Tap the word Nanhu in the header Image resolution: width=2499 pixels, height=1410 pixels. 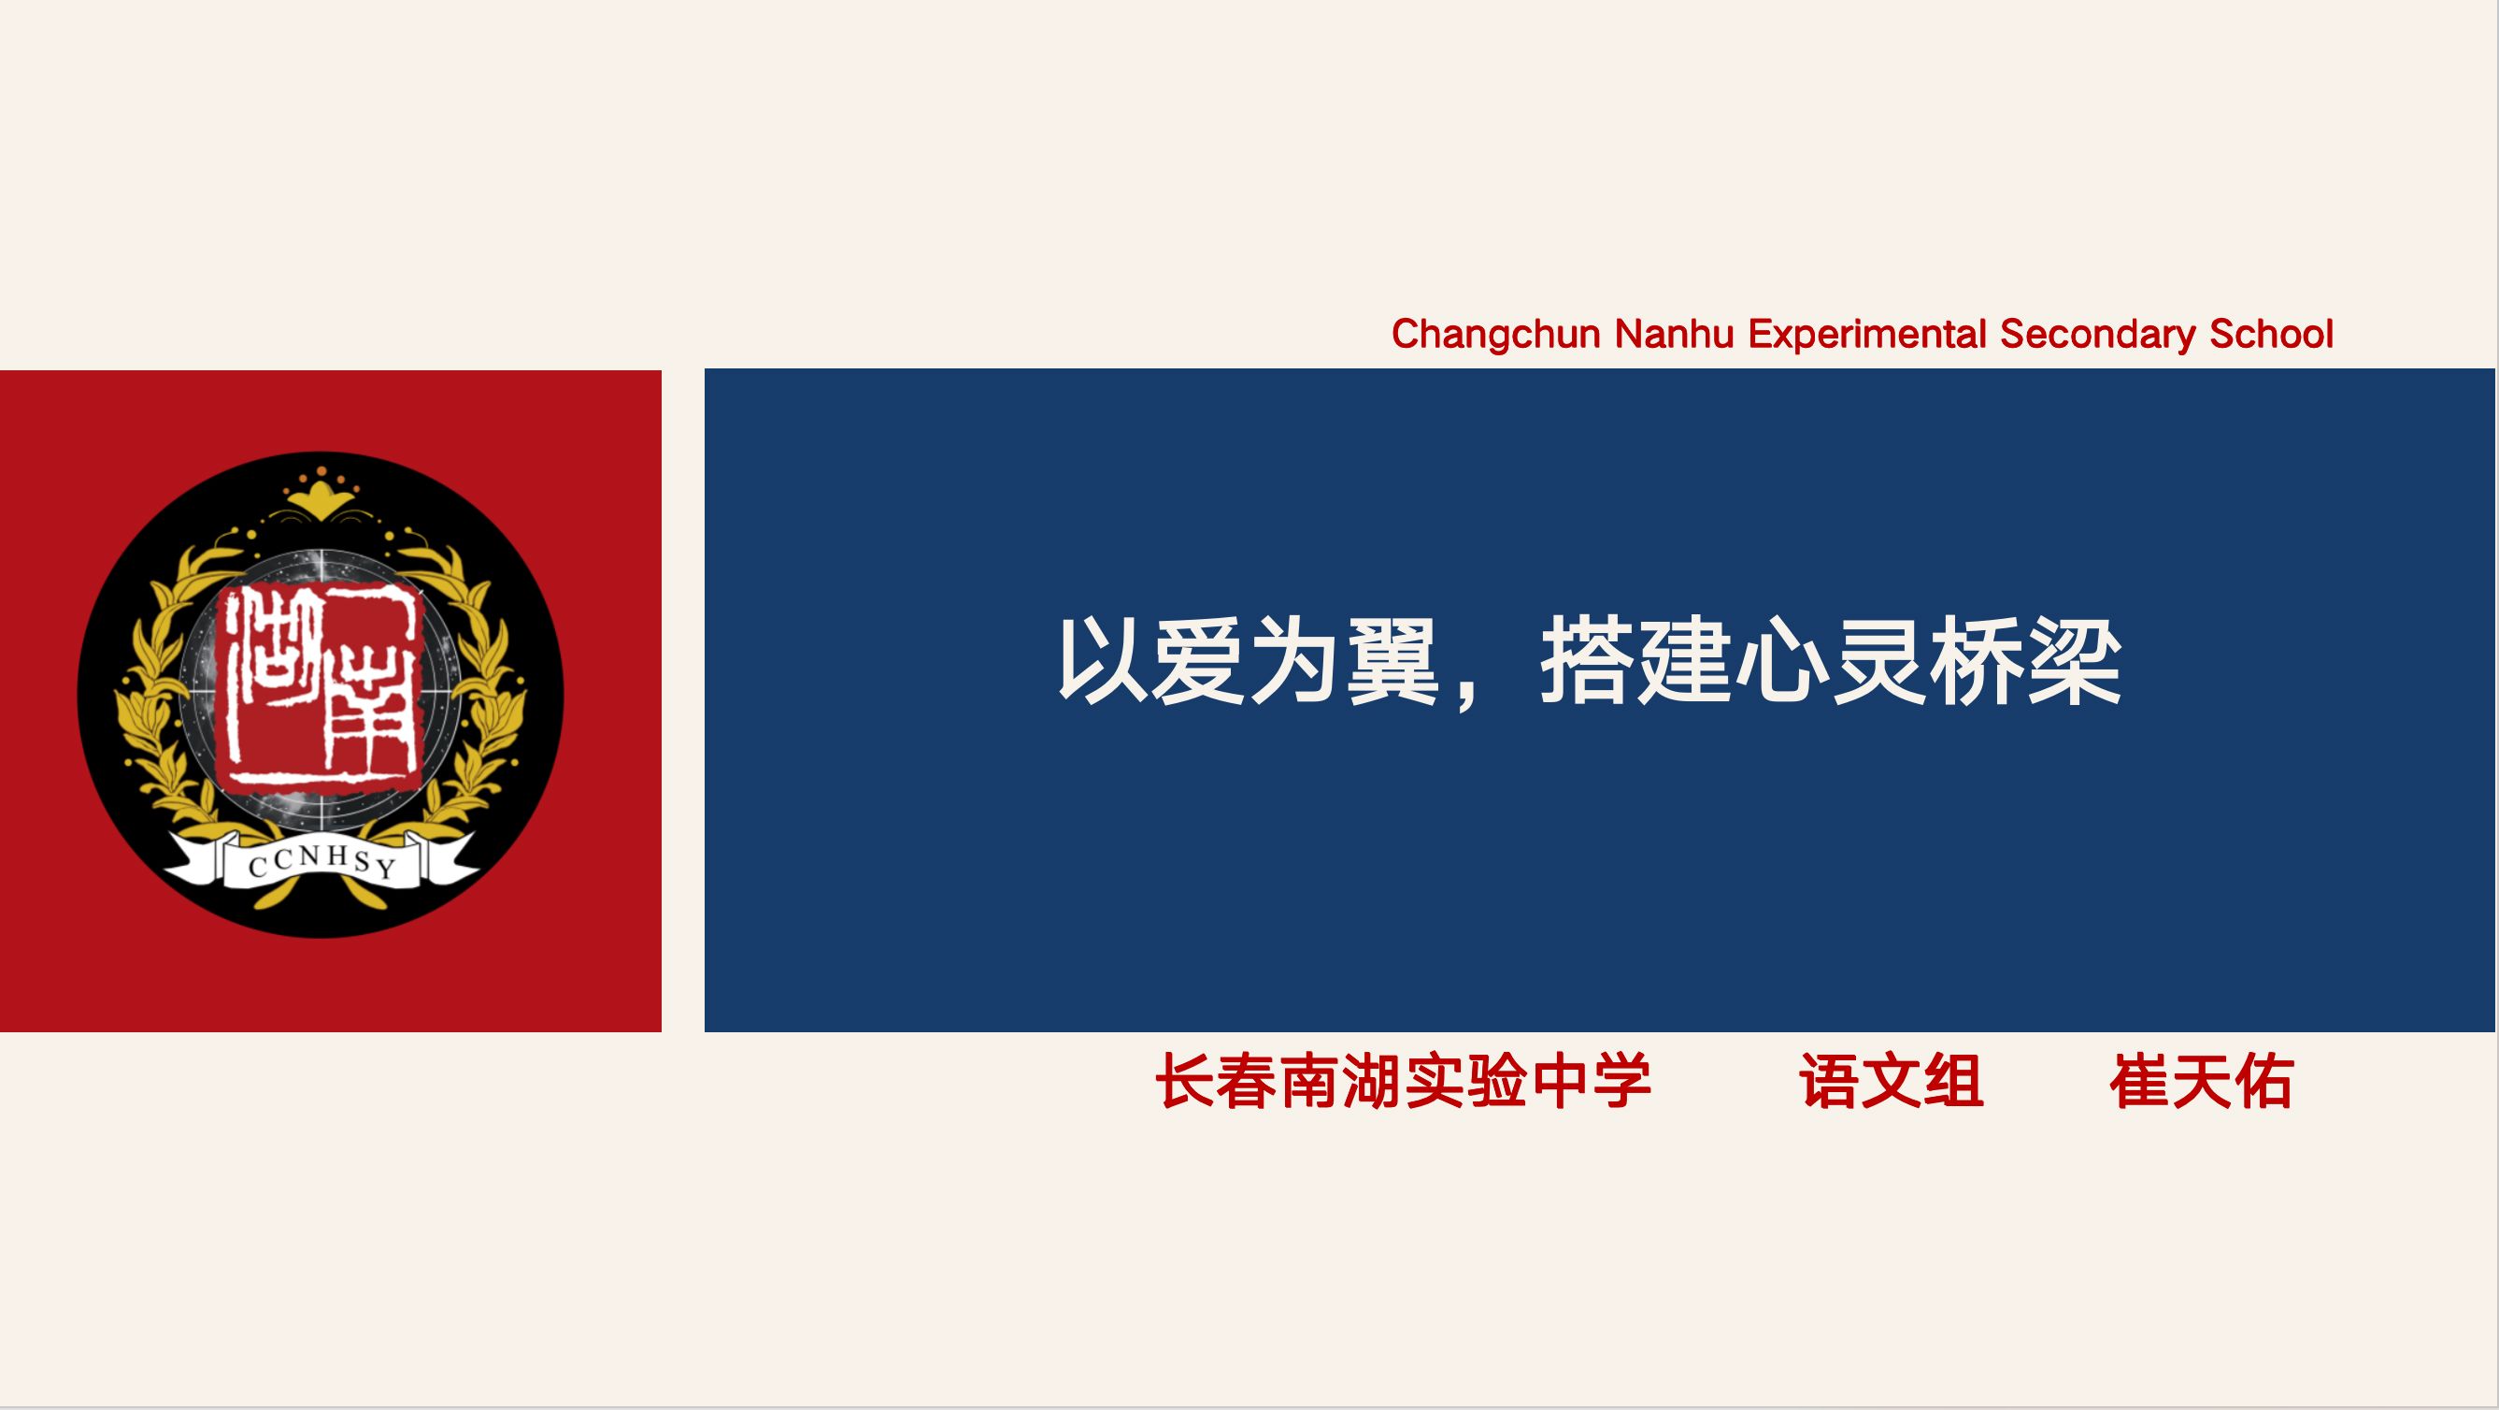[x=1676, y=334]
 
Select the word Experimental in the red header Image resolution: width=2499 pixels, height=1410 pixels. [x=1867, y=335]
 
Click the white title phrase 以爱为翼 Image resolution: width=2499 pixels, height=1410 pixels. [x=1248, y=662]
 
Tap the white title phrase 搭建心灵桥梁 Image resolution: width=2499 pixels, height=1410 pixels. [x=1832, y=662]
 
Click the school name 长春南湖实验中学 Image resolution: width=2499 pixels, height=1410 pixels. [x=1403, y=1081]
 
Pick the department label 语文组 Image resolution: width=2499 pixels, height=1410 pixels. [x=1892, y=1081]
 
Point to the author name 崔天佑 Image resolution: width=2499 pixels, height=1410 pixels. [x=2201, y=1081]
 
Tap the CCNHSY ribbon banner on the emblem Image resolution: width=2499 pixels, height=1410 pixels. [x=321, y=861]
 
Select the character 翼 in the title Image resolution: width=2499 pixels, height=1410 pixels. [x=1393, y=662]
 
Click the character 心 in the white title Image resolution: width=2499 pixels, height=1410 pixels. [x=1783, y=662]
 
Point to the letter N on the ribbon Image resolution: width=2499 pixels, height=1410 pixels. [x=309, y=856]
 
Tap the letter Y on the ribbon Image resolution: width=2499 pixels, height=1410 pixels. [x=386, y=868]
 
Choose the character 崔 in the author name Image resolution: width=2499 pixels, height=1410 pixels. [x=2140, y=1081]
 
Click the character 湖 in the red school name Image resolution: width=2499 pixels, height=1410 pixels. [x=1372, y=1081]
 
